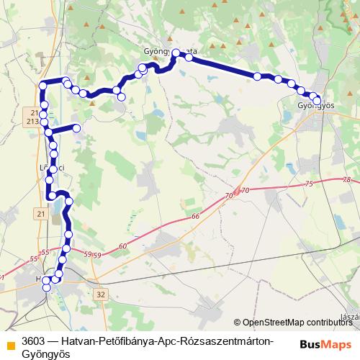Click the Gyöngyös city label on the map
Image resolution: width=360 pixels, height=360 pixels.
[316, 106]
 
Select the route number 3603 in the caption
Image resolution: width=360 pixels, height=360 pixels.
[34, 341]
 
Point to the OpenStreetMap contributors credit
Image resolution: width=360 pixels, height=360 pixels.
[296, 323]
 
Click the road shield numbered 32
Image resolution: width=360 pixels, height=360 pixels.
[100, 294]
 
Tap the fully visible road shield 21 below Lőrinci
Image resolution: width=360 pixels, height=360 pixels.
[40, 214]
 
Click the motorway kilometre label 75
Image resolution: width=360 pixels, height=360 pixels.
[310, 184]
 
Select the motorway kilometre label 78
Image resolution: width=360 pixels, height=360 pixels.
[347, 179]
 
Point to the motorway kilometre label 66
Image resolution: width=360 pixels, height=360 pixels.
[195, 217]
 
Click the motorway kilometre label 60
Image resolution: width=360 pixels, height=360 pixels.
[122, 246]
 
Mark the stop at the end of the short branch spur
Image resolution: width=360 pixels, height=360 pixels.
[76, 128]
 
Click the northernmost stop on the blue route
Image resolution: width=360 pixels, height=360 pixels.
[176, 52]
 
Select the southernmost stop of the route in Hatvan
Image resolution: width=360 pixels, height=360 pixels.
[47, 287]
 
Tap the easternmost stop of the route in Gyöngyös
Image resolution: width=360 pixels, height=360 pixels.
[318, 101]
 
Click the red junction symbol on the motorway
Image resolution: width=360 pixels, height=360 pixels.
[236, 193]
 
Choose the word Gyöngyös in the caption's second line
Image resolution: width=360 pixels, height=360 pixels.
[43, 354]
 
